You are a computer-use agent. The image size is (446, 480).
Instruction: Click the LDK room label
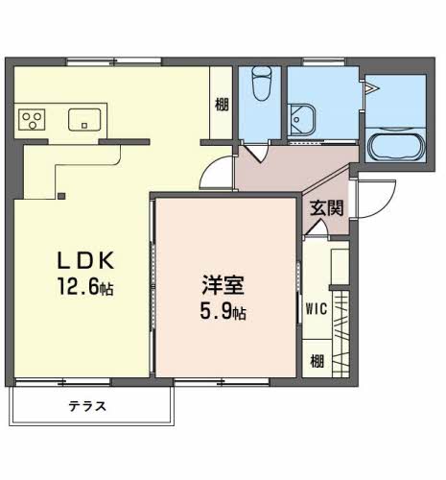click(85, 260)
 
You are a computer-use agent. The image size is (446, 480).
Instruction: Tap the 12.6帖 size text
click(85, 286)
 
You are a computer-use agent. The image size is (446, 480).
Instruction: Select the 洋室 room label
click(223, 284)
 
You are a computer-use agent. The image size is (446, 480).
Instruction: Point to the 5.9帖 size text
click(223, 311)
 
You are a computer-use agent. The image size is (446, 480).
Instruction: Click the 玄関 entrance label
click(327, 208)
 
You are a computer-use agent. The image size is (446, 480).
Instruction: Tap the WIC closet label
click(317, 309)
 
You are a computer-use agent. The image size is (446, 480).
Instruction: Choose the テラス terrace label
click(87, 406)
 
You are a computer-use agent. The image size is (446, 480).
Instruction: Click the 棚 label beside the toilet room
click(222, 105)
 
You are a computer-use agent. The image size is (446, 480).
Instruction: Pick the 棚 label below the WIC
click(317, 361)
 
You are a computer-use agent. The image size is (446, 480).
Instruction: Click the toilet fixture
click(262, 84)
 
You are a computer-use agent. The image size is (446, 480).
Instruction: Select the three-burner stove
click(32, 120)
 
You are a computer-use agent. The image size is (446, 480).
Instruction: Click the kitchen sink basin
click(84, 120)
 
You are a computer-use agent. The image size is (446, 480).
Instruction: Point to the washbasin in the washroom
click(301, 120)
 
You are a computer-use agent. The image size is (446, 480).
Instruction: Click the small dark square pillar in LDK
click(61, 196)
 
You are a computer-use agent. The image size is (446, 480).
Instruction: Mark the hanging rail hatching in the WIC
click(340, 334)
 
